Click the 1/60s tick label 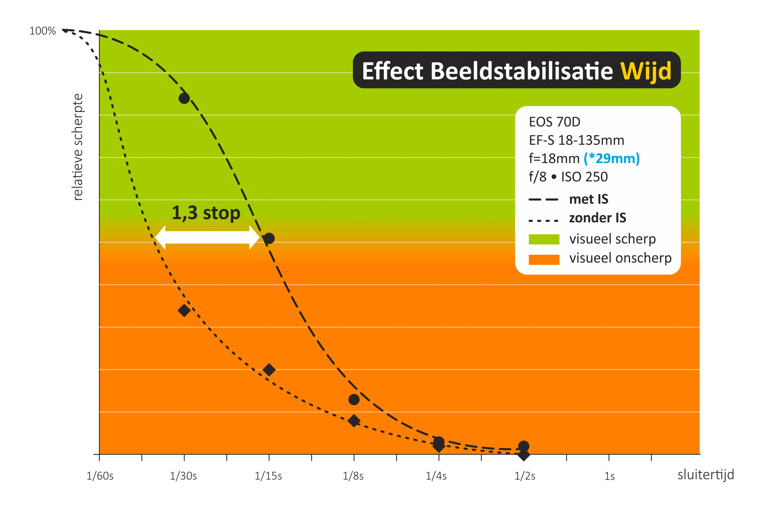(x=100, y=476)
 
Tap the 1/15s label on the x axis (x=268, y=476)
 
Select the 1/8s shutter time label (x=353, y=476)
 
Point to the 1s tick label (x=609, y=476)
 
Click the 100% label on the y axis (x=42, y=31)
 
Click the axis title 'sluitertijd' (x=705, y=475)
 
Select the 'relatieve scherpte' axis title (x=78, y=147)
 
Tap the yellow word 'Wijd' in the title (x=646, y=71)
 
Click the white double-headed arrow (x=207, y=237)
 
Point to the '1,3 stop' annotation (x=206, y=213)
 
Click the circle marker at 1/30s (x=184, y=98)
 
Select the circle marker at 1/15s (x=269, y=238)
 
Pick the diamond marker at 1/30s (x=184, y=310)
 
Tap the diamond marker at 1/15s (x=269, y=370)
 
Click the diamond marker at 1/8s (x=354, y=421)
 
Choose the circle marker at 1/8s (x=354, y=399)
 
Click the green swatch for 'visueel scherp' (x=544, y=239)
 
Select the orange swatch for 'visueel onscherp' (x=544, y=259)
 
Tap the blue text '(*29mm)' (x=612, y=158)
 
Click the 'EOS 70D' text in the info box (x=554, y=122)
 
